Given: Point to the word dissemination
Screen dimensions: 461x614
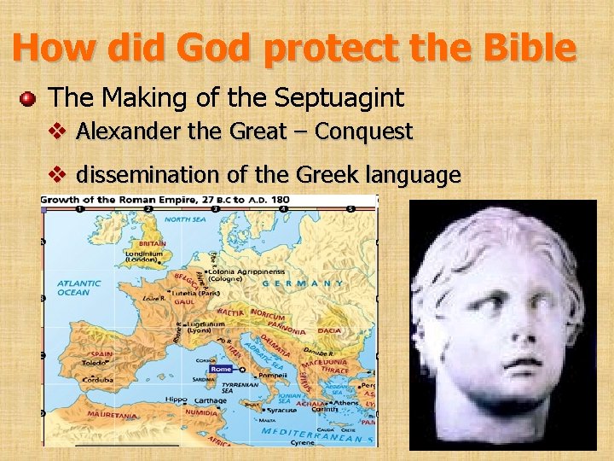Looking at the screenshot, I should point(148,176).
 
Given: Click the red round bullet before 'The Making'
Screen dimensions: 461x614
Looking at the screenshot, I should point(28,99).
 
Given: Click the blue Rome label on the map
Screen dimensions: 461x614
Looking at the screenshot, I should point(221,369).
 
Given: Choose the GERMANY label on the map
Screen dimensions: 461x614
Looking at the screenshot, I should point(304,283).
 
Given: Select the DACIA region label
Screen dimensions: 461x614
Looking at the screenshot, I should point(328,330).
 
